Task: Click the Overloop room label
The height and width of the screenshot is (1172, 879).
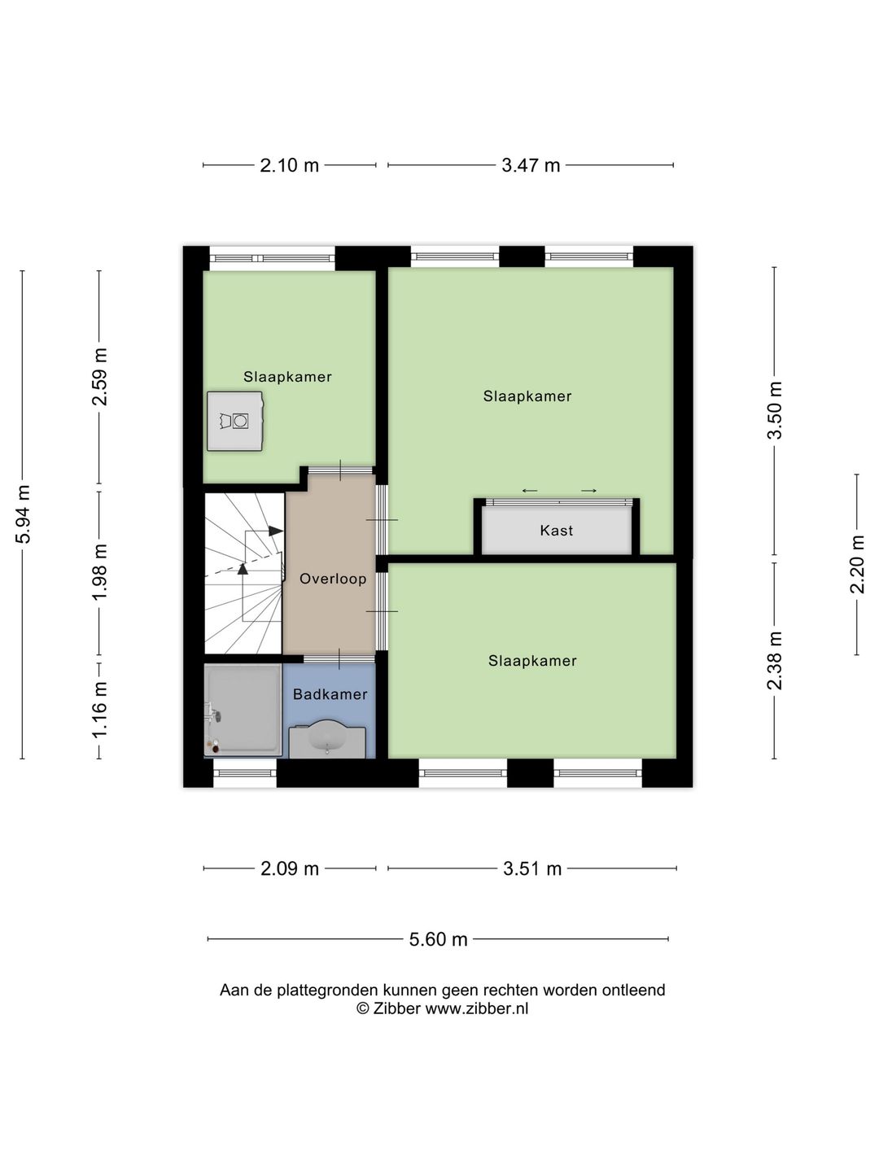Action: (333, 579)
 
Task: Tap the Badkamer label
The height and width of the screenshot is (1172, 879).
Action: (330, 694)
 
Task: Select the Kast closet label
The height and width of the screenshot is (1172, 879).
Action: (557, 530)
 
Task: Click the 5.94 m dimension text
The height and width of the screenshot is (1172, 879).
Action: (24, 514)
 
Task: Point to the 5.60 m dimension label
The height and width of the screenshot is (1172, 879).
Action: (438, 939)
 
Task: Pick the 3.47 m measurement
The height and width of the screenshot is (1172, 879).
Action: (531, 165)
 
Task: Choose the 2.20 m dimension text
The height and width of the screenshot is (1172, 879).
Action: (857, 564)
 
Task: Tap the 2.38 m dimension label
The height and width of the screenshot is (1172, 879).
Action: (774, 661)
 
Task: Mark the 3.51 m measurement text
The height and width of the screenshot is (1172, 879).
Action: (532, 868)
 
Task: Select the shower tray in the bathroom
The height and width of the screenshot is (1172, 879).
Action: (243, 710)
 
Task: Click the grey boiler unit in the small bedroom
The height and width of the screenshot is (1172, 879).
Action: (235, 422)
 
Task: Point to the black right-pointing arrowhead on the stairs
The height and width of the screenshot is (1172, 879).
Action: (275, 531)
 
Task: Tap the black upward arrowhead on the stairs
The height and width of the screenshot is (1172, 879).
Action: (243, 569)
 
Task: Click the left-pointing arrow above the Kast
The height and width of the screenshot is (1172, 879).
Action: (529, 491)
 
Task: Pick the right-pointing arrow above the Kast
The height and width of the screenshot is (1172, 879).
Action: (588, 491)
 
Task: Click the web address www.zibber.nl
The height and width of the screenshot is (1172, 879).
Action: (477, 1008)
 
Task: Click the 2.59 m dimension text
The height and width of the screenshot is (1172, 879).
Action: (100, 377)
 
